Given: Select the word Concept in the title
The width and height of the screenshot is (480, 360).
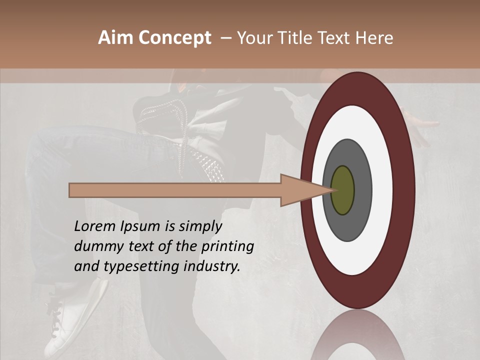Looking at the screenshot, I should (175, 38).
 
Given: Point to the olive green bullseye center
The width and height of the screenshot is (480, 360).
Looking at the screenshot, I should (343, 190).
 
